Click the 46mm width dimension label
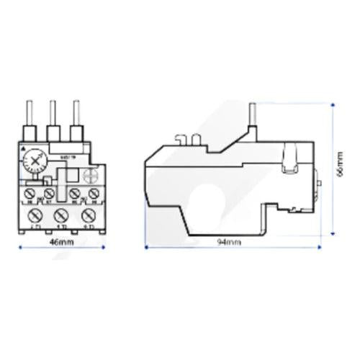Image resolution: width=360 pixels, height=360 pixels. point(65,242)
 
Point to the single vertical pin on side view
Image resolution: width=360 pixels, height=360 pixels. point(253,115)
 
